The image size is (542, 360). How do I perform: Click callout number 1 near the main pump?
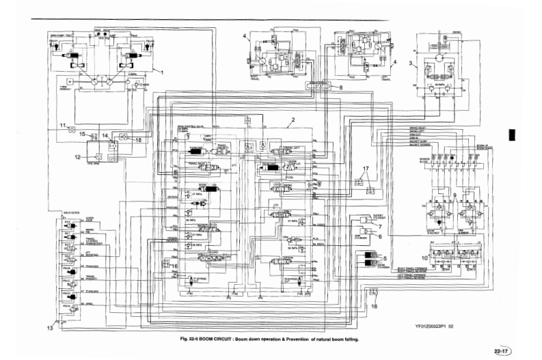162,71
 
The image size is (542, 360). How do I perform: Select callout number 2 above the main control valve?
292,120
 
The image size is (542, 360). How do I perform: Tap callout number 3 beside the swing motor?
410,63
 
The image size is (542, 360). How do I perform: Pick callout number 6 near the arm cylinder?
380,236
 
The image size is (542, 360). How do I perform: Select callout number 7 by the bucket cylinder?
380,225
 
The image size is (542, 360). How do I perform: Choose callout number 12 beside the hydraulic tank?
77,156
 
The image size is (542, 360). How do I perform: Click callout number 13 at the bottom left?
49,329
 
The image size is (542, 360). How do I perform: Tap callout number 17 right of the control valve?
366,168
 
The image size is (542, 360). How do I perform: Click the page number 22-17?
503,351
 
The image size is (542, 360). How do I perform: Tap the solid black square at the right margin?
512,135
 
